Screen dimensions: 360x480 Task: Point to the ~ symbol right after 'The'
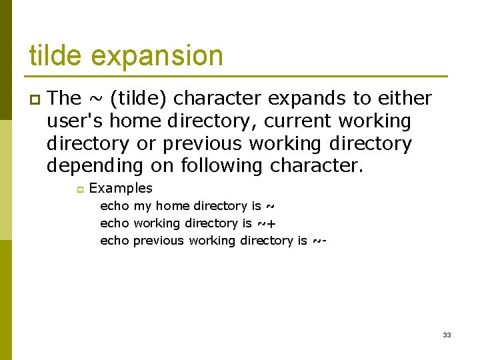click(x=94, y=99)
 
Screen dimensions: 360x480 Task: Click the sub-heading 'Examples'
click(x=121, y=189)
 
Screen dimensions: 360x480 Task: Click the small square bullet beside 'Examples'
click(x=79, y=189)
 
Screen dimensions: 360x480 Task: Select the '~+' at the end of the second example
click(x=266, y=223)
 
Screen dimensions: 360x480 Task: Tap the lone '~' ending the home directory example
click(x=270, y=206)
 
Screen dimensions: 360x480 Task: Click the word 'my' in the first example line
click(x=142, y=207)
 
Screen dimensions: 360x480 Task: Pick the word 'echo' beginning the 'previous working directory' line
click(x=114, y=241)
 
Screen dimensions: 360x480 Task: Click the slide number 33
click(x=447, y=335)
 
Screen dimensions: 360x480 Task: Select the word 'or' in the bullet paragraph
click(x=146, y=144)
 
